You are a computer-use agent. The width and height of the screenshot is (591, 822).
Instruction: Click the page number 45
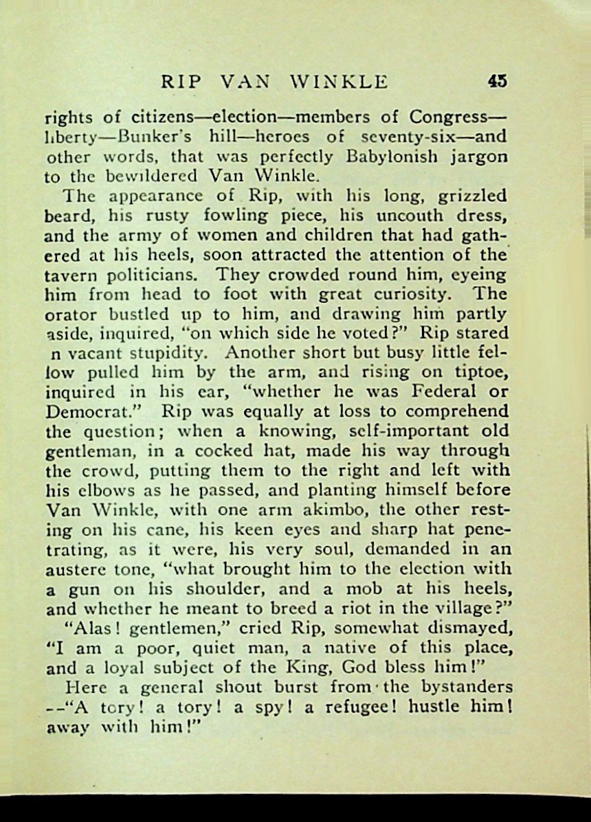pyautogui.click(x=497, y=81)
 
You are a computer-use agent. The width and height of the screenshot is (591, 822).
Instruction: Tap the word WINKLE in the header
pyautogui.click(x=339, y=82)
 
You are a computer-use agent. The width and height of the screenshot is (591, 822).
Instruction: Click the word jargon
pyautogui.click(x=478, y=156)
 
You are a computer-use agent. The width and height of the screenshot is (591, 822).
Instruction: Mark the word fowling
pyautogui.click(x=237, y=216)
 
